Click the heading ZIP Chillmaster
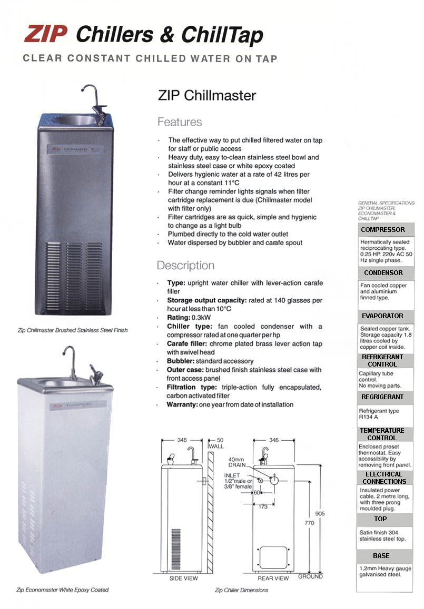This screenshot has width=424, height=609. tap(206, 96)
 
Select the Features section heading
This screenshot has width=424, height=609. tap(180, 122)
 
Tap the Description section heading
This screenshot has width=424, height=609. tap(185, 265)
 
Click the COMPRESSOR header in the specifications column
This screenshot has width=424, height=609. tap(383, 230)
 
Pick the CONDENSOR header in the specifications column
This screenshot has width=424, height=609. tap(383, 273)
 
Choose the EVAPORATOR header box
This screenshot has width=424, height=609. tap(383, 316)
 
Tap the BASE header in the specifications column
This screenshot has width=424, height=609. tap(381, 555)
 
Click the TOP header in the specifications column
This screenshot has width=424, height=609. tap(381, 519)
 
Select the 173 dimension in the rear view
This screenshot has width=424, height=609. tap(263, 506)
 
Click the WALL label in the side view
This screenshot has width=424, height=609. tap(216, 446)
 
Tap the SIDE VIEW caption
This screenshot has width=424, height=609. tap(183, 578)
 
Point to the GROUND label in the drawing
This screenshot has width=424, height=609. tap(310, 576)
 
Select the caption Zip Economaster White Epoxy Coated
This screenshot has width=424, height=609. tap(62, 590)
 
